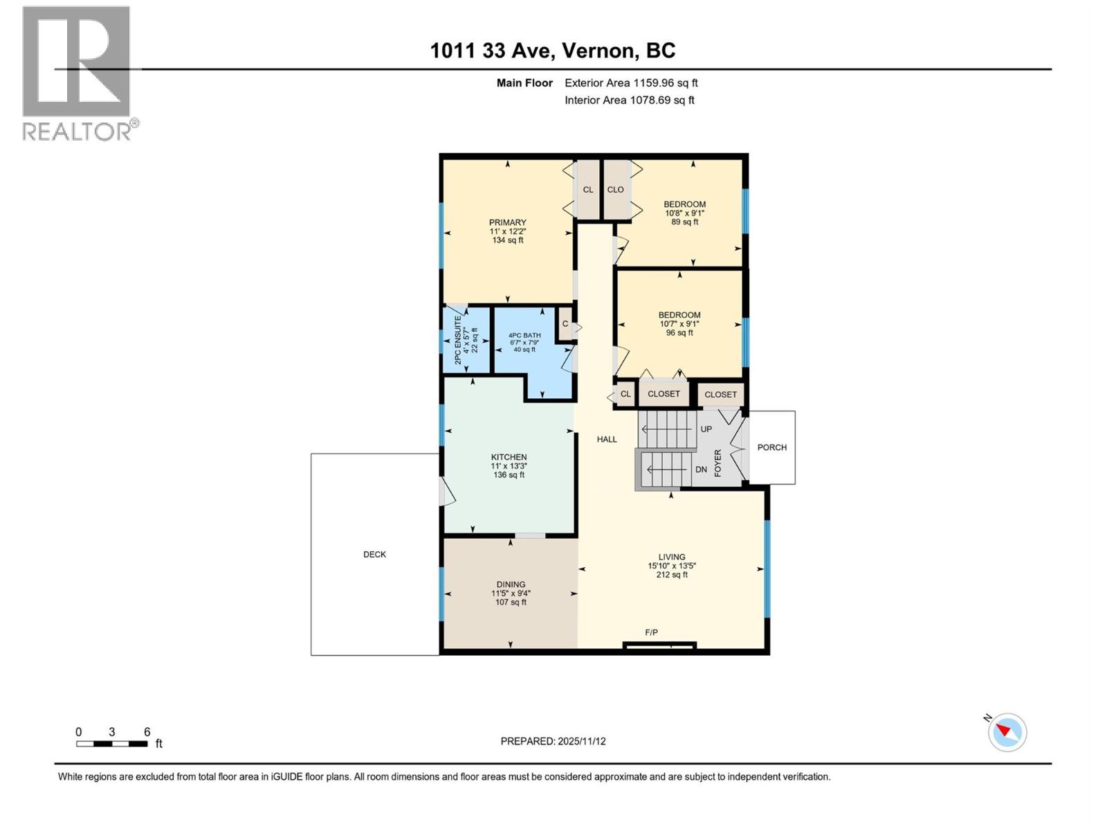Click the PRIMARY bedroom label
tap(508, 222)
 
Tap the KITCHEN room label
tap(509, 457)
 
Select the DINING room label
tap(511, 584)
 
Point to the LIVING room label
tap(672, 557)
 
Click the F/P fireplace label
tap(651, 632)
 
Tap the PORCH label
tap(772, 447)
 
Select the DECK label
tap(374, 555)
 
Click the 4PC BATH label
tap(524, 335)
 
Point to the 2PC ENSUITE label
tap(458, 340)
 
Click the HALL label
tap(607, 439)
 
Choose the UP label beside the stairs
tap(706, 429)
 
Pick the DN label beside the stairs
tap(701, 470)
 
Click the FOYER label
tap(718, 463)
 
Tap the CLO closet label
tap(615, 190)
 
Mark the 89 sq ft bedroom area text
tap(684, 222)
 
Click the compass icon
tap(1007, 733)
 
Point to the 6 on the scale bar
tap(147, 732)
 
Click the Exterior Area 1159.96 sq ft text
tap(631, 83)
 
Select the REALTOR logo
tap(77, 73)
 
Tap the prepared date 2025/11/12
tap(580, 741)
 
